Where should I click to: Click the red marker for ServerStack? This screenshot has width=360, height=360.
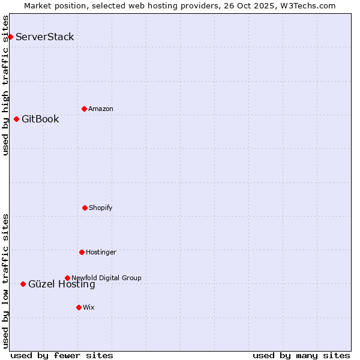pos(10,37)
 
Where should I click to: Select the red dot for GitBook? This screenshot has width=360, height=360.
pos(16,119)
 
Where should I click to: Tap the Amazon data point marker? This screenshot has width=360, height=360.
pos(84,109)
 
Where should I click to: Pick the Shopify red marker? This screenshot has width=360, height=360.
pos(85,208)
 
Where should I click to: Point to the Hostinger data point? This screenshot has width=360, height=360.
pos(82,252)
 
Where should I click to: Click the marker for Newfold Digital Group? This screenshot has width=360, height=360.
pos(67,278)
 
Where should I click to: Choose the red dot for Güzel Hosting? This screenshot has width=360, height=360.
pos(23,284)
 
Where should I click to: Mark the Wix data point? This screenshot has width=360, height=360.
pos(79,307)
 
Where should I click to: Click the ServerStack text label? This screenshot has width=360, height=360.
pos(45,37)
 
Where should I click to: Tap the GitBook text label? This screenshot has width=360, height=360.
pos(40,119)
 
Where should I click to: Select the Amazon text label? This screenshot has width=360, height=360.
pos(101,109)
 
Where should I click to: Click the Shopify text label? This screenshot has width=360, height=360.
pos(101,208)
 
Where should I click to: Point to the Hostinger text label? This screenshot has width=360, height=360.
pos(101,252)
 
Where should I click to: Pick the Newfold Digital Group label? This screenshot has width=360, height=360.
pos(106,278)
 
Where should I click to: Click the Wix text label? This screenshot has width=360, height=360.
pos(89,307)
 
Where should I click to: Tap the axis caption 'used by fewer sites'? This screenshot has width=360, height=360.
pos(62,355)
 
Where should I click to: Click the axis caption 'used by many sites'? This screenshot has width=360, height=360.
pos(301,355)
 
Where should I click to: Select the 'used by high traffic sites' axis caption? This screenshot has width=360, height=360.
pos(6,85)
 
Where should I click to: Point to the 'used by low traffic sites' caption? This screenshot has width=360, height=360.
pos(6,281)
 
